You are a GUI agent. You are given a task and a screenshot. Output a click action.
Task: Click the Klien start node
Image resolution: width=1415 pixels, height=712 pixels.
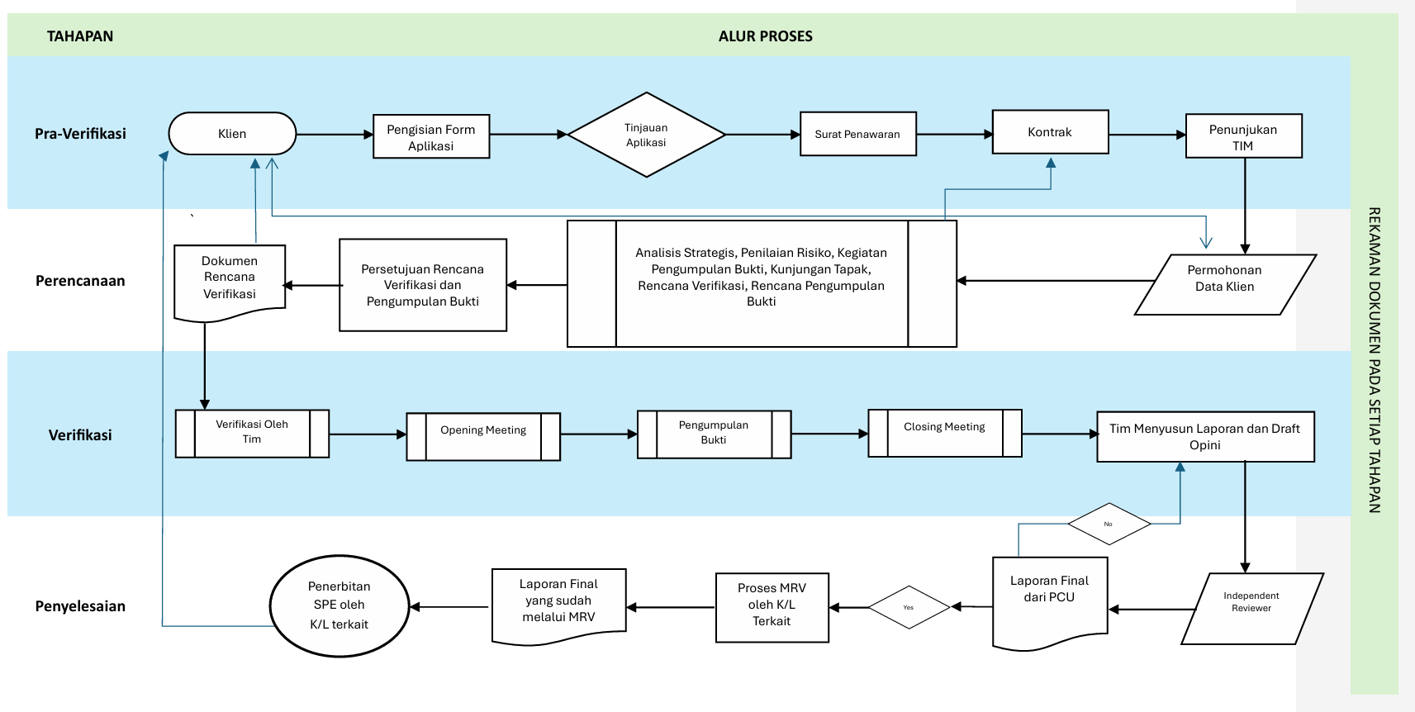tap(232, 133)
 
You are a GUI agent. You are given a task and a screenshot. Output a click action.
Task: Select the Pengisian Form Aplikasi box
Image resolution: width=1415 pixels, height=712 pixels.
tap(431, 136)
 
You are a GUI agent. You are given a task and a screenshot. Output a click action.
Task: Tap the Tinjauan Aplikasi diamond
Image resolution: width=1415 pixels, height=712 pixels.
tap(646, 135)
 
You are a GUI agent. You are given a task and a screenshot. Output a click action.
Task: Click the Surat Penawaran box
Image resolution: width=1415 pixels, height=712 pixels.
tap(858, 134)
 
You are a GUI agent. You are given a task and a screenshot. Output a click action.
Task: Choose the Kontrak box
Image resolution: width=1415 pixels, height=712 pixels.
tap(1051, 132)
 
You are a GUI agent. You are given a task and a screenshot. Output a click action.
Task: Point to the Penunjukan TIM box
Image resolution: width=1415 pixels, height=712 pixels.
tap(1244, 135)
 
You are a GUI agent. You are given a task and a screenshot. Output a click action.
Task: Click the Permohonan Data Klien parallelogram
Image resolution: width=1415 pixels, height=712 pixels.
tap(1226, 284)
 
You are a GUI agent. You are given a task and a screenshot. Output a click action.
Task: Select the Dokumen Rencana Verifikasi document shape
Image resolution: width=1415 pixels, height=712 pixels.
tap(230, 282)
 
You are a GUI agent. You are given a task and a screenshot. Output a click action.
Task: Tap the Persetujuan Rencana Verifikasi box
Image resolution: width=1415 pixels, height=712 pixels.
tap(423, 285)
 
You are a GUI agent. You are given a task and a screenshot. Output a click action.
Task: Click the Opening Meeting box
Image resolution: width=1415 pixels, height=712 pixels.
tap(483, 437)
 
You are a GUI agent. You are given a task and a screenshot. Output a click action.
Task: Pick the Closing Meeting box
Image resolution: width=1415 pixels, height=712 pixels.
tap(945, 433)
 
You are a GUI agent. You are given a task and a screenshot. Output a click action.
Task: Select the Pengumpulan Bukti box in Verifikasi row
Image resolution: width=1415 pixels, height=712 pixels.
tap(715, 434)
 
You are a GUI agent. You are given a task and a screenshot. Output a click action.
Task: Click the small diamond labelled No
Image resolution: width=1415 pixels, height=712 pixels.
tap(1109, 524)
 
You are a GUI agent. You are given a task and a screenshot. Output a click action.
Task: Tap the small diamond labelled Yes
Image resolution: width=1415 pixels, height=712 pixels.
tap(909, 607)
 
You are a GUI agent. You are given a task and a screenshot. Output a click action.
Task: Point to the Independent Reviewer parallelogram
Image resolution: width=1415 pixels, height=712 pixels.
tap(1252, 609)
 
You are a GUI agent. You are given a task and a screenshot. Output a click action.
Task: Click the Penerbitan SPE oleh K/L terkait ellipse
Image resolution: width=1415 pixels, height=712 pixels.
tap(340, 606)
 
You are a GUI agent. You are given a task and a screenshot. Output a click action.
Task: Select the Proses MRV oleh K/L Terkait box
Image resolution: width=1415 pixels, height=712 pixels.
tap(772, 608)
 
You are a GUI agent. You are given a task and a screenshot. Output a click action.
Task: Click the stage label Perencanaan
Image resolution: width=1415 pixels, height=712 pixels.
tap(80, 281)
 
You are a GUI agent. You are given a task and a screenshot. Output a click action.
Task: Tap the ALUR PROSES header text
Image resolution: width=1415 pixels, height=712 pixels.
tap(766, 36)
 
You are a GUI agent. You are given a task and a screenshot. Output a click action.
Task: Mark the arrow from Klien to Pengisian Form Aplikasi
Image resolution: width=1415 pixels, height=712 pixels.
tap(335, 135)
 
